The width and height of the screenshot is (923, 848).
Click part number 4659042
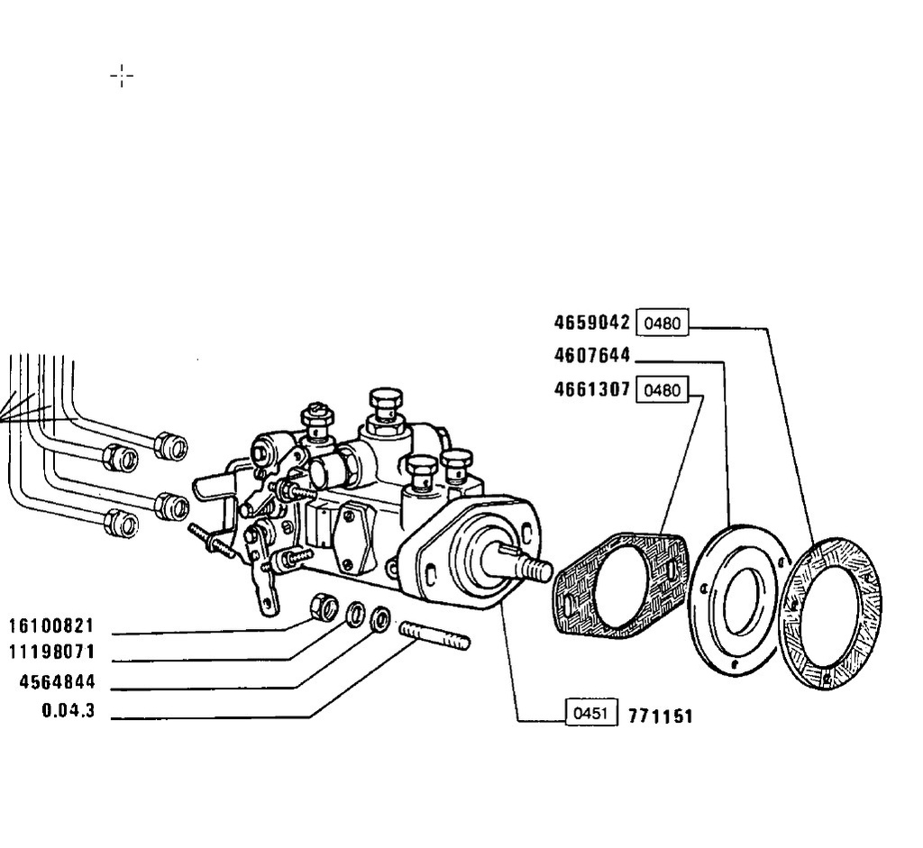(591, 323)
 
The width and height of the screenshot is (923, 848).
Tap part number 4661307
(591, 389)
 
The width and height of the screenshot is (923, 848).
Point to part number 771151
(661, 716)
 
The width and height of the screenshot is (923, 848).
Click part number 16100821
(51, 625)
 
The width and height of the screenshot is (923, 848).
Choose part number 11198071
(51, 652)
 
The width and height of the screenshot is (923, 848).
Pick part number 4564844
(57, 682)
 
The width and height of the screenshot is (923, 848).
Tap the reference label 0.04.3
(69, 710)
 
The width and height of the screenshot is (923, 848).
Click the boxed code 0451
(591, 713)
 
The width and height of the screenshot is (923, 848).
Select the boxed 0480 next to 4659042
(663, 323)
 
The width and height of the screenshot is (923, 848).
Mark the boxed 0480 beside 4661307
(663, 389)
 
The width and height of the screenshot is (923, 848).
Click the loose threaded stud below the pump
(434, 636)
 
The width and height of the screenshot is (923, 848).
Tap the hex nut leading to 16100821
(324, 607)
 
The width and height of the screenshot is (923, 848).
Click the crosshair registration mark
(122, 76)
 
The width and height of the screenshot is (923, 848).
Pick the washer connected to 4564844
(381, 619)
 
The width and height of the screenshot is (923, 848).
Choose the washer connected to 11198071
(355, 615)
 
